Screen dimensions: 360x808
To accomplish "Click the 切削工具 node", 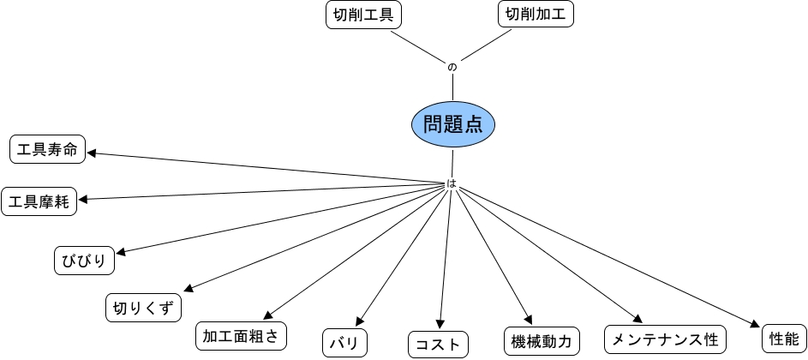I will [364, 15].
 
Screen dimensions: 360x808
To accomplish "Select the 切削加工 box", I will [536, 15].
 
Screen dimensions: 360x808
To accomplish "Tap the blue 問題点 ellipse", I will [452, 124].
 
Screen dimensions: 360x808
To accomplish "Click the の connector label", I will [452, 67].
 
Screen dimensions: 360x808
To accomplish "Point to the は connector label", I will [452, 183].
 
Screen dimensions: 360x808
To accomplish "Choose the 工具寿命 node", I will [48, 150].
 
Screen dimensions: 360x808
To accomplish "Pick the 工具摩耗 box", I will [39, 202].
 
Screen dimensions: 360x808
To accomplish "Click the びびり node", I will [84, 261].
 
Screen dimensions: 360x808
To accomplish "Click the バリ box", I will [345, 344].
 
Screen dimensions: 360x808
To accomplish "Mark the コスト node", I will [438, 345].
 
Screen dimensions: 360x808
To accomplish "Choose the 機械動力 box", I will [541, 340].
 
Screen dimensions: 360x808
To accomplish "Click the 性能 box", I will [783, 338].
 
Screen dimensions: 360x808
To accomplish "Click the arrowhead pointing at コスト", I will [440, 325].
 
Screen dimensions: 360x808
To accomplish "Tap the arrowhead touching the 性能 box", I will [755, 325].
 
